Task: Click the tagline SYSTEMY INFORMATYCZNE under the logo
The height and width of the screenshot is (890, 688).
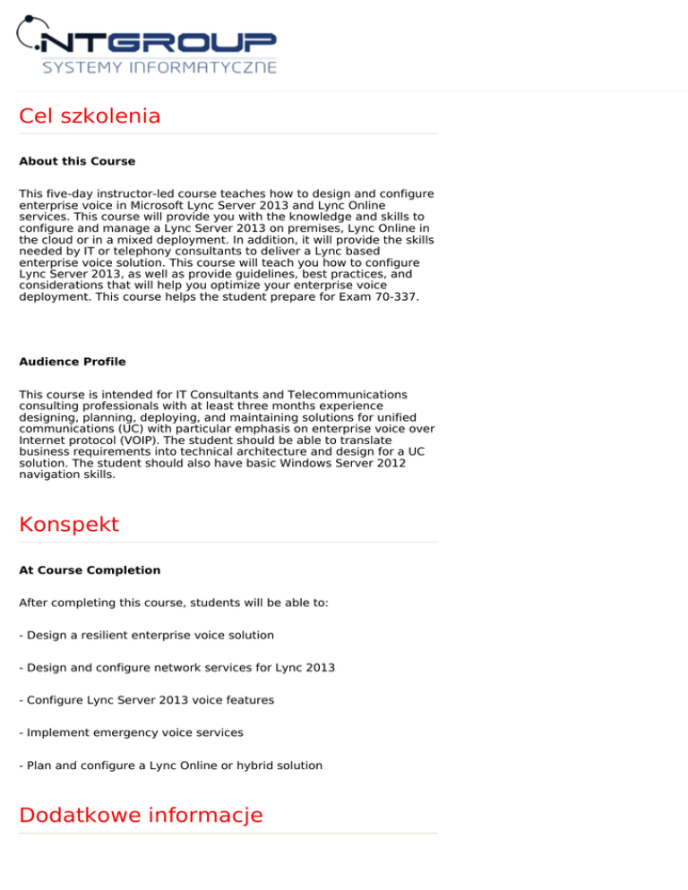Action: click(159, 67)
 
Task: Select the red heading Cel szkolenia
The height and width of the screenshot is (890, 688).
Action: click(90, 116)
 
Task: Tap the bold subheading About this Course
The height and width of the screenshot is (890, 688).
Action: click(77, 162)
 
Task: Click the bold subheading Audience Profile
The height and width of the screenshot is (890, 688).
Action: click(73, 363)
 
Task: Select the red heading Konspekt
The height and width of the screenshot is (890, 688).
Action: click(69, 524)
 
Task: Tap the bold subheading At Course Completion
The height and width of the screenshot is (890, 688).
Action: click(90, 570)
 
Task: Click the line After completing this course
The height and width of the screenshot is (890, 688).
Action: click(174, 603)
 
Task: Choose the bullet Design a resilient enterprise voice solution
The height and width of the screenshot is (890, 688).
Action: click(146, 635)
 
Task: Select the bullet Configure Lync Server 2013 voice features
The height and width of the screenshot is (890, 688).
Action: click(146, 700)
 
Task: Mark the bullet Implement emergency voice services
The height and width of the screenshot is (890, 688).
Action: click(131, 732)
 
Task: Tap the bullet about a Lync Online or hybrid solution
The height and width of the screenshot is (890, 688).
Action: click(170, 766)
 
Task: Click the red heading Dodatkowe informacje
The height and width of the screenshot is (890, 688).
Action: click(141, 815)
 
